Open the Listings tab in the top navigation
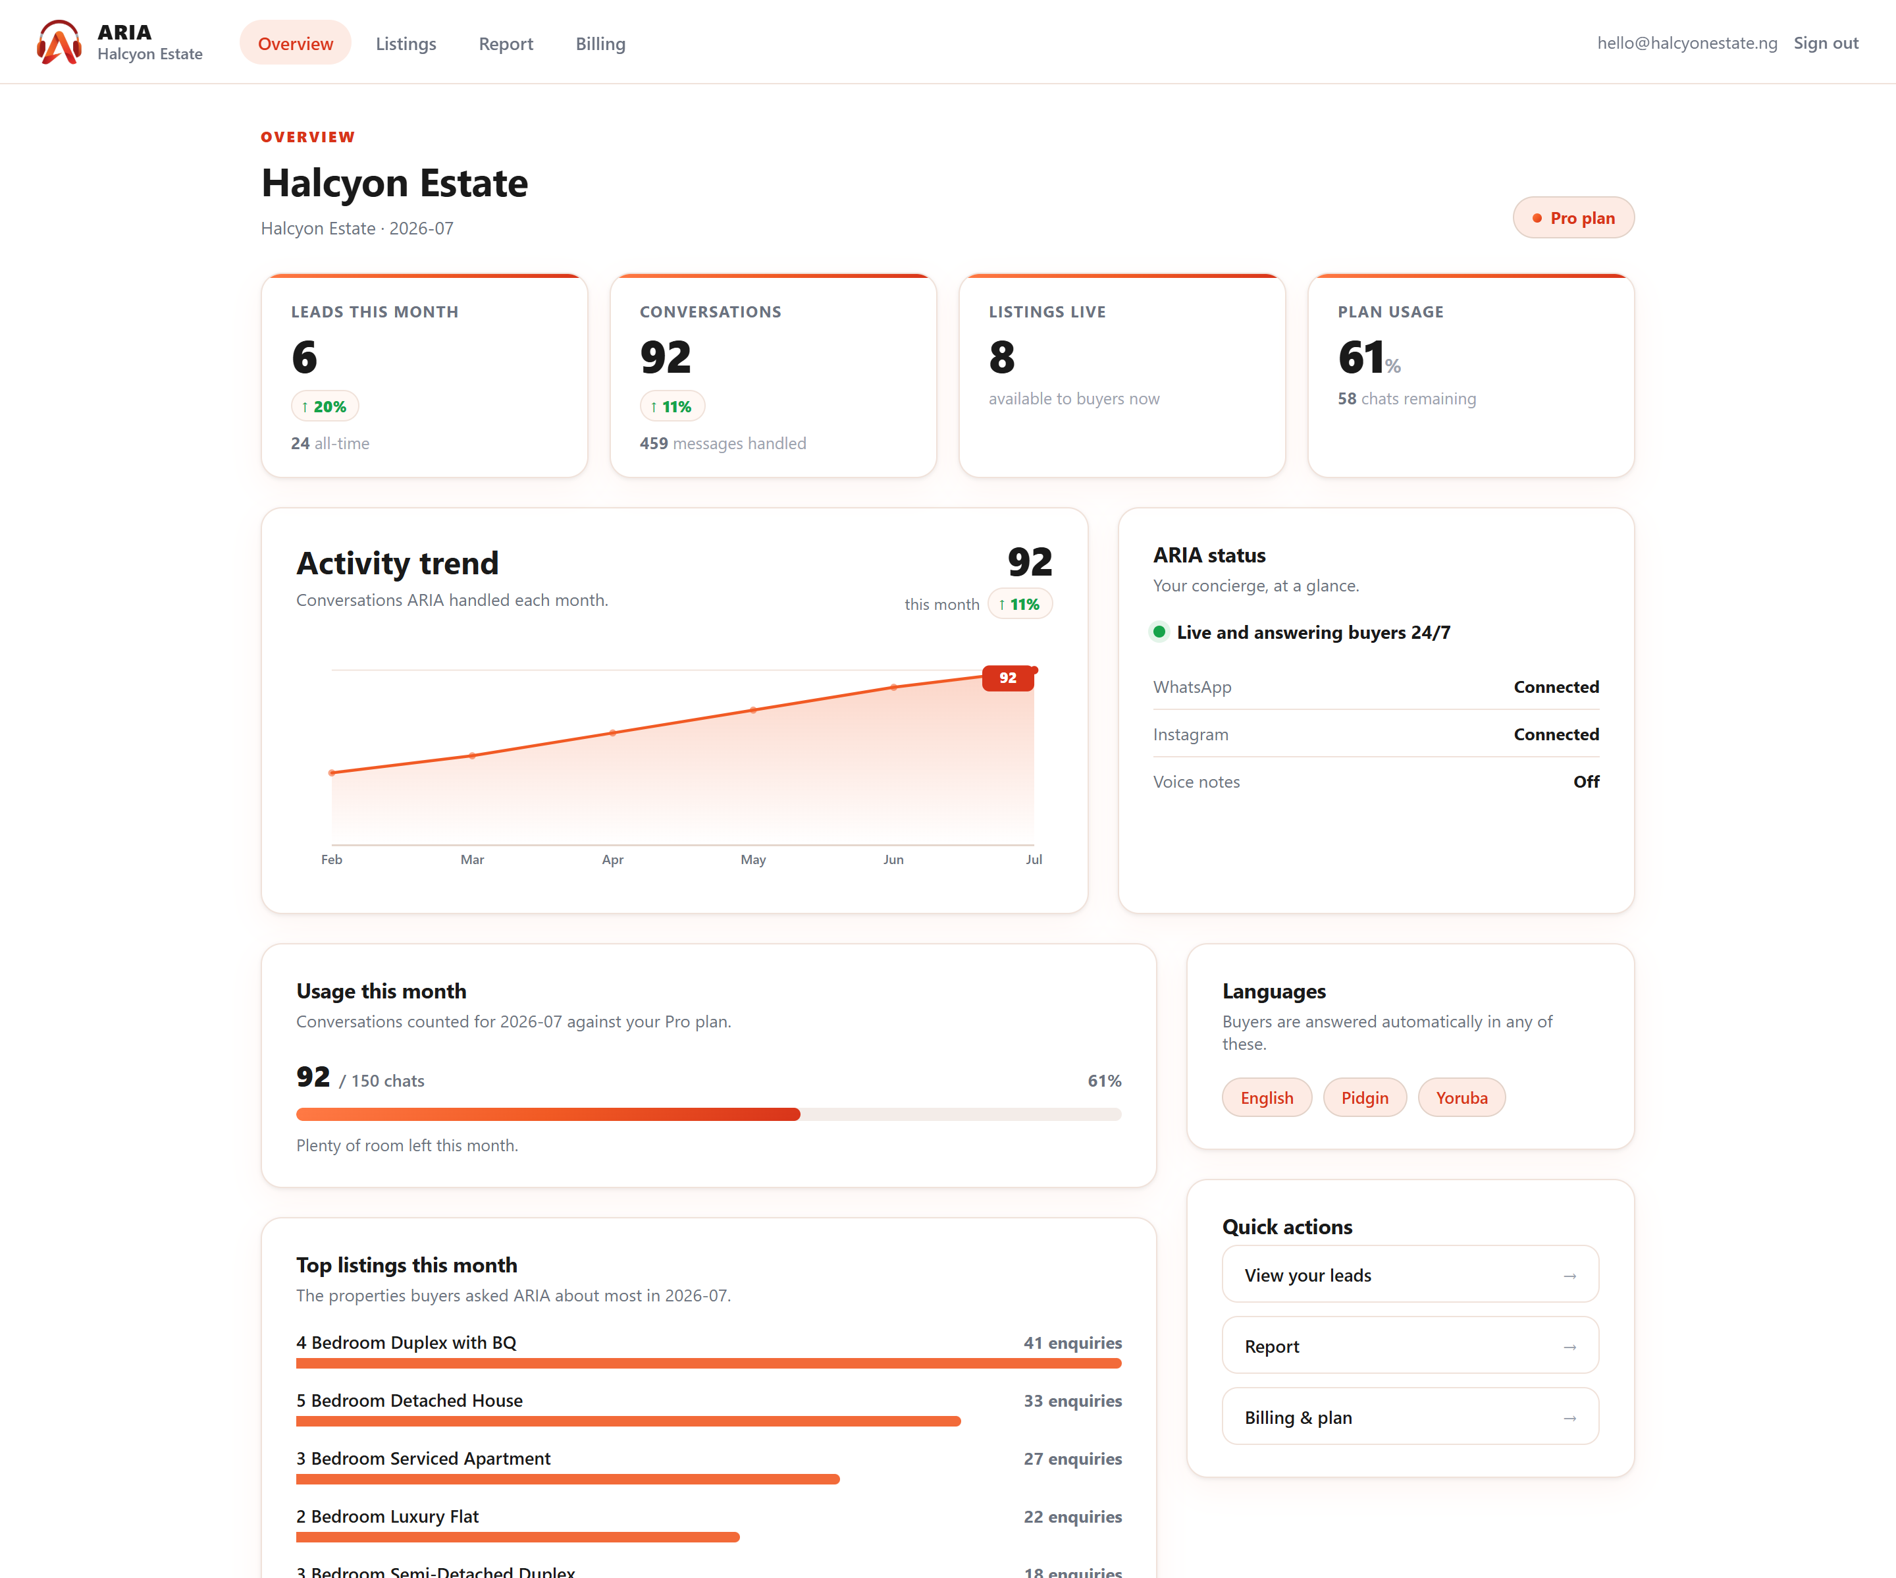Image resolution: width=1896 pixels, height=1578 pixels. click(406, 43)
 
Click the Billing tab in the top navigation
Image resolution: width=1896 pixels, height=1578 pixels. click(600, 43)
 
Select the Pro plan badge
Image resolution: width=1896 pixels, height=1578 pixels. click(1573, 218)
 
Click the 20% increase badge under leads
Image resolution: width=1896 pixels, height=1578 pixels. click(324, 406)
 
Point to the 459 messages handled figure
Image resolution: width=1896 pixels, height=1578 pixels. click(722, 443)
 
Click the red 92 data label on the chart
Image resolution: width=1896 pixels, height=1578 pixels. click(1008, 678)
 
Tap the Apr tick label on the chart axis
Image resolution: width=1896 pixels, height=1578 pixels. click(612, 859)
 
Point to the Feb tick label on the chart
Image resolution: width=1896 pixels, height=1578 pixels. click(331, 859)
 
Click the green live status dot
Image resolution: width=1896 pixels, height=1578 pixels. click(1159, 632)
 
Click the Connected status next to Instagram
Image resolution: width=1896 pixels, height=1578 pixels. click(1556, 734)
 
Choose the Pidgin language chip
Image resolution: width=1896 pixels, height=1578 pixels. click(1364, 1097)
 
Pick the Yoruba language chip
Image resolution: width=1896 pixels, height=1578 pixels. click(1461, 1097)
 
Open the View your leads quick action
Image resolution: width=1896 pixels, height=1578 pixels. click(1410, 1274)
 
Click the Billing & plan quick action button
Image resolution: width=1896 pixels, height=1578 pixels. click(1410, 1417)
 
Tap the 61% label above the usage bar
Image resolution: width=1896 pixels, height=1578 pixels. click(1104, 1080)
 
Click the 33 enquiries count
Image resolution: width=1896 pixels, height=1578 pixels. click(1072, 1400)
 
